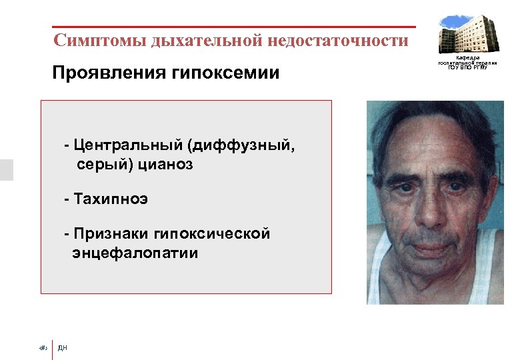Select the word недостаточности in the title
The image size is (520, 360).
tap(338, 41)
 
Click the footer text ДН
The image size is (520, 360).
tap(63, 347)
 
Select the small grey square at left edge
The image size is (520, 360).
tap(6, 170)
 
